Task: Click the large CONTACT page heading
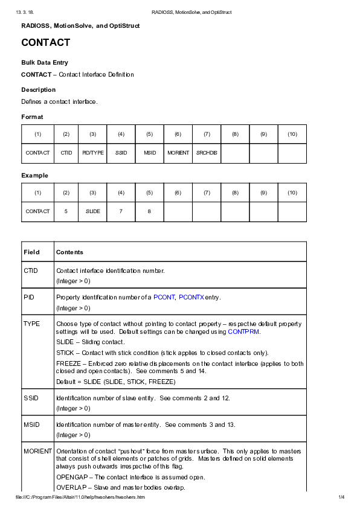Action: tap(46, 43)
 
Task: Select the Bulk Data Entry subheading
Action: tap(45, 63)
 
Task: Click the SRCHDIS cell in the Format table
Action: tap(207, 153)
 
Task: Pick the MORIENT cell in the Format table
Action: tap(178, 153)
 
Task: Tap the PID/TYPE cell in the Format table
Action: tap(92, 153)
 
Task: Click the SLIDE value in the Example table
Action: tap(92, 211)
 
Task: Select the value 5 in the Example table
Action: tap(66, 211)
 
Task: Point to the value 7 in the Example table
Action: tap(121, 211)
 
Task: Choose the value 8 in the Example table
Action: tap(149, 211)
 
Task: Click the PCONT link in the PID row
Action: tap(164, 297)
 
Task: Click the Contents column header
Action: tap(69, 252)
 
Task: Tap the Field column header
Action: tap(31, 252)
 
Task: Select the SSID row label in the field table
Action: tap(31, 398)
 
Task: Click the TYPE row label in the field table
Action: tap(32, 324)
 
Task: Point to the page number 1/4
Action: tap(341, 497)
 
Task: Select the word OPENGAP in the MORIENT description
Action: tap(71, 477)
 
